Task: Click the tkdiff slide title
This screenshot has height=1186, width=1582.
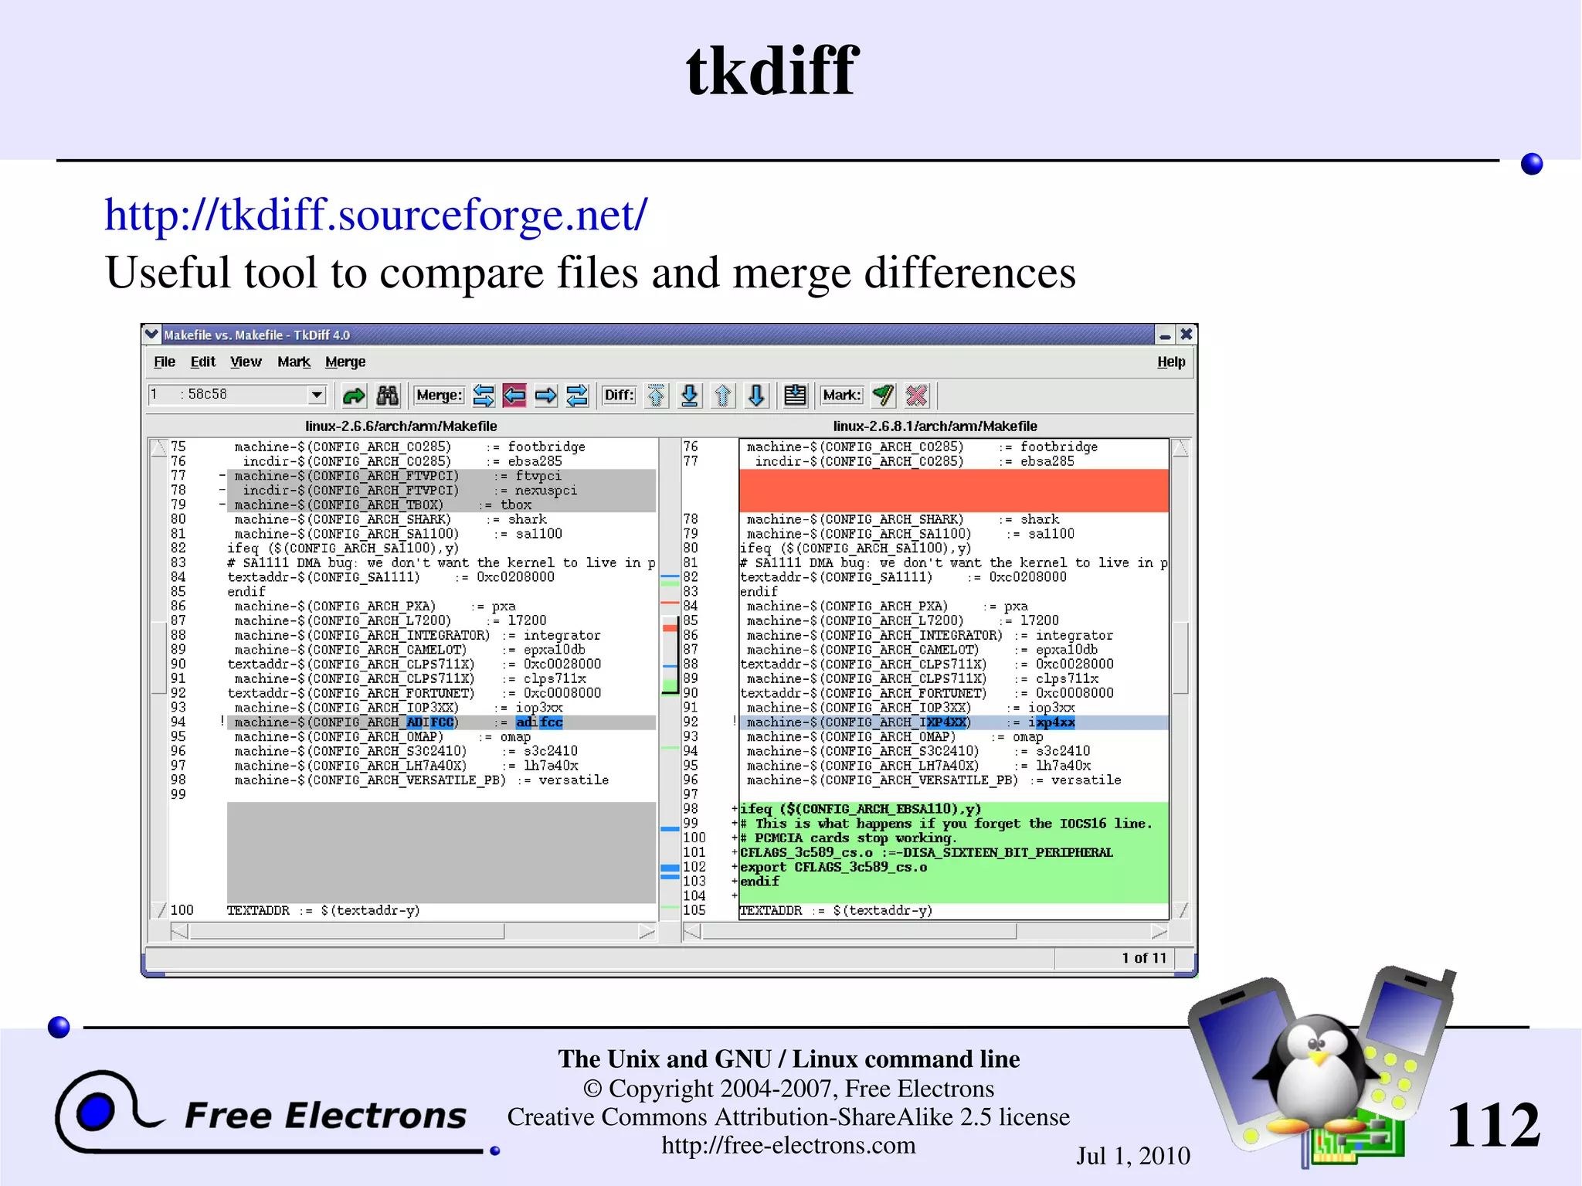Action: tap(772, 71)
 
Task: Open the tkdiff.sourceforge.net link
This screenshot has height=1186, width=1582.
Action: tap(376, 215)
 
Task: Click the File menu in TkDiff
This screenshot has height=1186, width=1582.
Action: tap(164, 362)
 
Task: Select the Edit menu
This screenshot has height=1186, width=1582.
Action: tap(202, 362)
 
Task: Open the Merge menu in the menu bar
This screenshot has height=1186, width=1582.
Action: tap(345, 362)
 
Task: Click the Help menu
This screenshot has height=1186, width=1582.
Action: tap(1170, 362)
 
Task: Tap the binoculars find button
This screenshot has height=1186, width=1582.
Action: tap(387, 396)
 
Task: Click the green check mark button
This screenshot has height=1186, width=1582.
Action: tap(883, 396)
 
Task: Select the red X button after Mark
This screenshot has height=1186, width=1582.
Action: tap(917, 396)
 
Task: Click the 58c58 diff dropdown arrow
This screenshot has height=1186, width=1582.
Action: tap(317, 395)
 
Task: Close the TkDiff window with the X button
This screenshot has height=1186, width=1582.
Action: tap(1186, 335)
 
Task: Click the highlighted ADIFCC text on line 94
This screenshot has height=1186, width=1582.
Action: tap(430, 722)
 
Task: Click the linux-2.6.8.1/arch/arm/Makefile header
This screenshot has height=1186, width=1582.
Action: tap(935, 426)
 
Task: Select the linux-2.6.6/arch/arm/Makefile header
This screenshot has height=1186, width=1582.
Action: tap(401, 426)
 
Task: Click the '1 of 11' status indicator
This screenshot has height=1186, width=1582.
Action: tap(1143, 958)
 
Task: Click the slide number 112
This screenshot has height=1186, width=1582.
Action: tap(1493, 1125)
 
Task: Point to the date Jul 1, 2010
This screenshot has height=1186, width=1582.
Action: tap(1133, 1156)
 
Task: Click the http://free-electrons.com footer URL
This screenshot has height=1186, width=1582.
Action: tap(788, 1145)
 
